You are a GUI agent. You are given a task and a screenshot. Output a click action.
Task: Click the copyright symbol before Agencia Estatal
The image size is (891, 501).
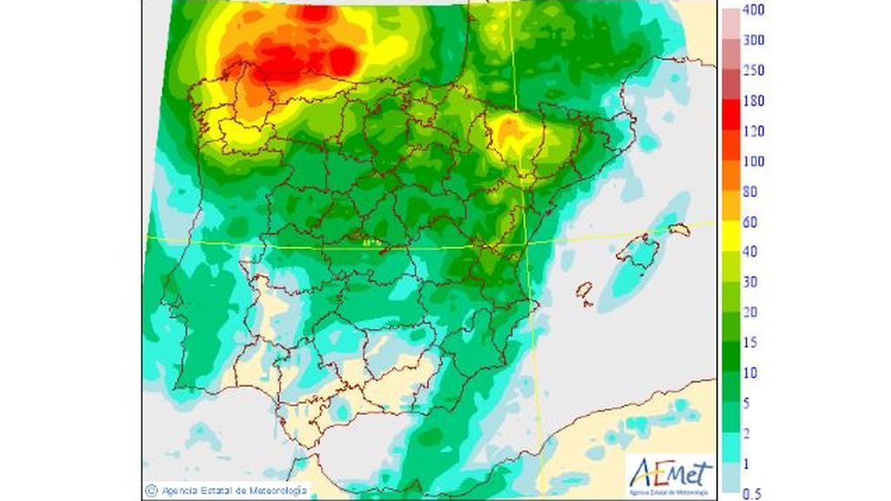pyautogui.click(x=151, y=491)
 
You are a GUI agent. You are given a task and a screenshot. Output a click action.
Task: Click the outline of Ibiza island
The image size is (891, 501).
pyautogui.click(x=586, y=292)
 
